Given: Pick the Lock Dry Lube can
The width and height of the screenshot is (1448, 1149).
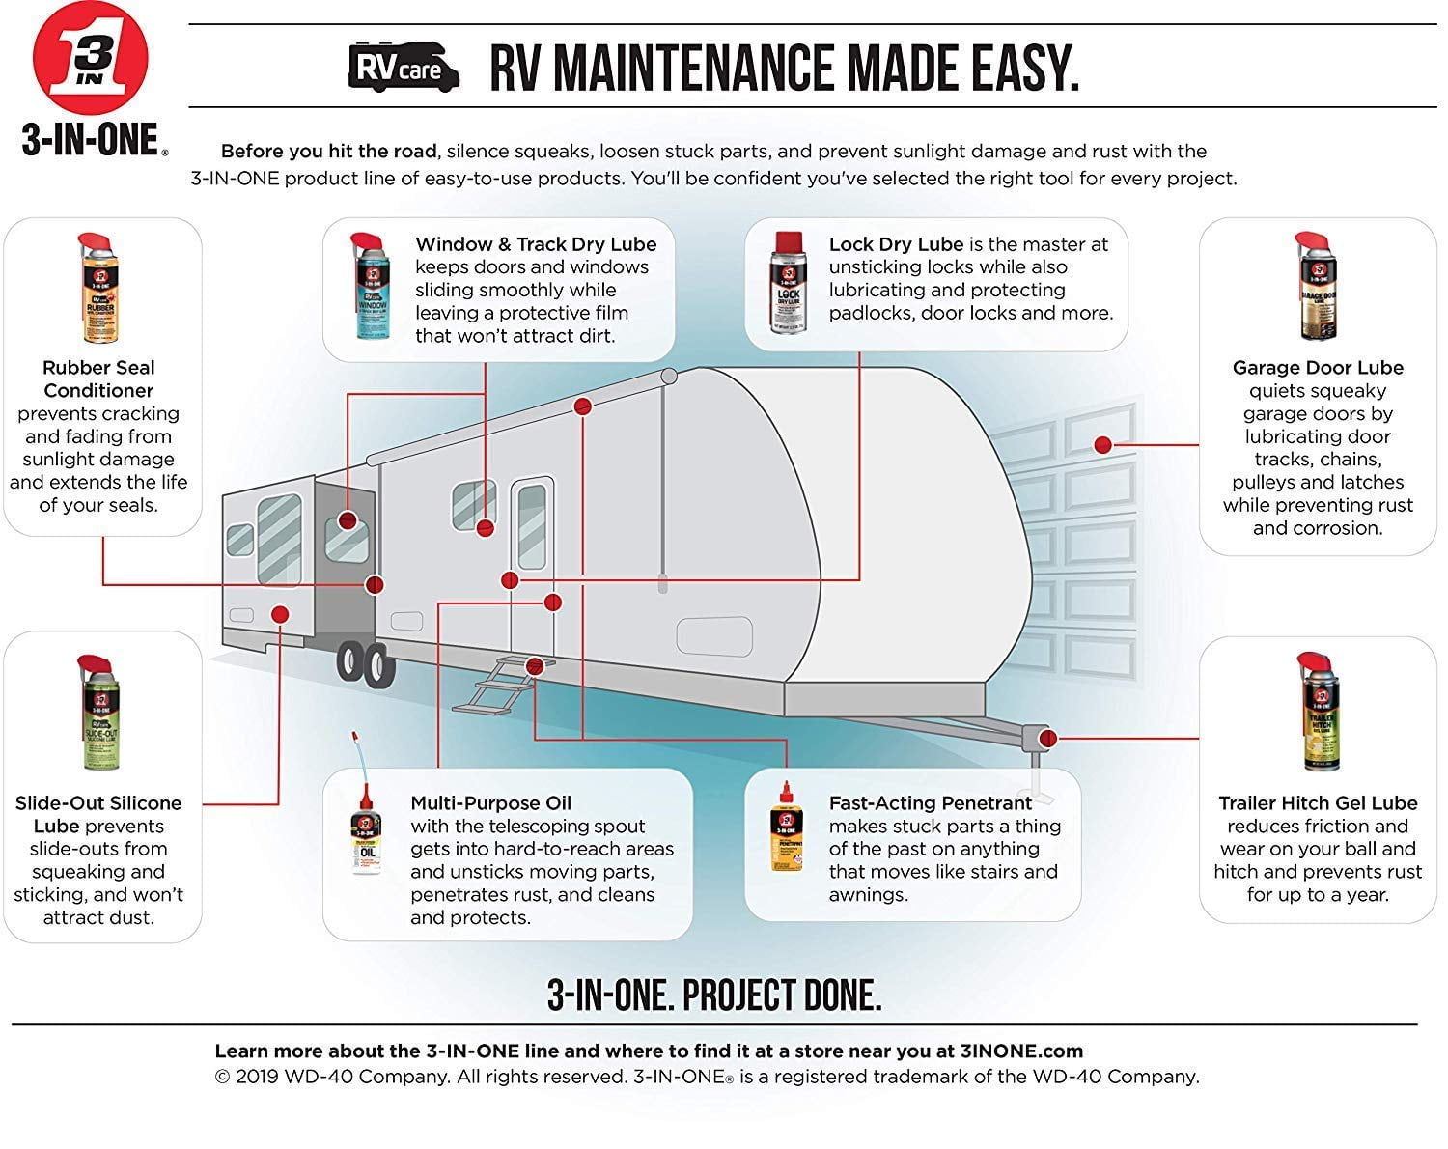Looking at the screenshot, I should pyautogui.click(x=787, y=283).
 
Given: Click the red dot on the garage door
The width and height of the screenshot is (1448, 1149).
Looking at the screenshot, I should pyautogui.click(x=1102, y=445).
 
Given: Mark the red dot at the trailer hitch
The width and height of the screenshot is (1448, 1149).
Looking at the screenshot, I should pyautogui.click(x=1048, y=739).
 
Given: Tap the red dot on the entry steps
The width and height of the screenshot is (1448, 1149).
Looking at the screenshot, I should pyautogui.click(x=534, y=665).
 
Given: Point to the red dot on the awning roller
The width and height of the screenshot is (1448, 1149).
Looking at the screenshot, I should pyautogui.click(x=582, y=406).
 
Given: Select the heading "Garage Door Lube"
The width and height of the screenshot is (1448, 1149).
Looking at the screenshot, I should pyautogui.click(x=1318, y=368).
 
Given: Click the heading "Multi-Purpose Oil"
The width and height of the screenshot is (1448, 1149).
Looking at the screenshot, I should pyautogui.click(x=491, y=803).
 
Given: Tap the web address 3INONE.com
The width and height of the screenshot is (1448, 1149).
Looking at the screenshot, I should pyautogui.click(x=1021, y=1051).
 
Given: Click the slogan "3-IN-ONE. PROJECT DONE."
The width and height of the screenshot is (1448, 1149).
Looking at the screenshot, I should pyautogui.click(x=714, y=995).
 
